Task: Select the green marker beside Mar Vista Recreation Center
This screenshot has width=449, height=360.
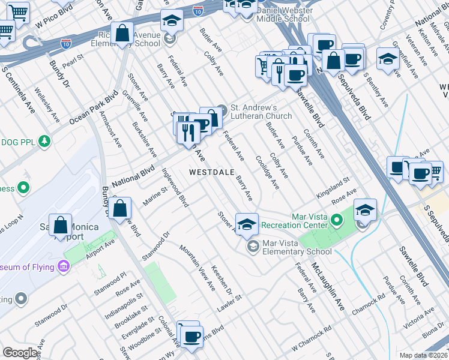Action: pos(337,221)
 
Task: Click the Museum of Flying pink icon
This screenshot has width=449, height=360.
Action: pos(64,266)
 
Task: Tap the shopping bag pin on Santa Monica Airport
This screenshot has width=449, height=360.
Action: pos(61,226)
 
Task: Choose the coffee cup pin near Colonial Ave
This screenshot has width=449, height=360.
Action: pos(191,336)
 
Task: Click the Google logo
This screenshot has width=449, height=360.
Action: pos(20,353)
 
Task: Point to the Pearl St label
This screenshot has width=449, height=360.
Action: pos(71,62)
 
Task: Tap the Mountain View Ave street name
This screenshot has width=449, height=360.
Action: pos(197,268)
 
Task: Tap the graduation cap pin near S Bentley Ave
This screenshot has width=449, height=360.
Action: pos(388,59)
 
